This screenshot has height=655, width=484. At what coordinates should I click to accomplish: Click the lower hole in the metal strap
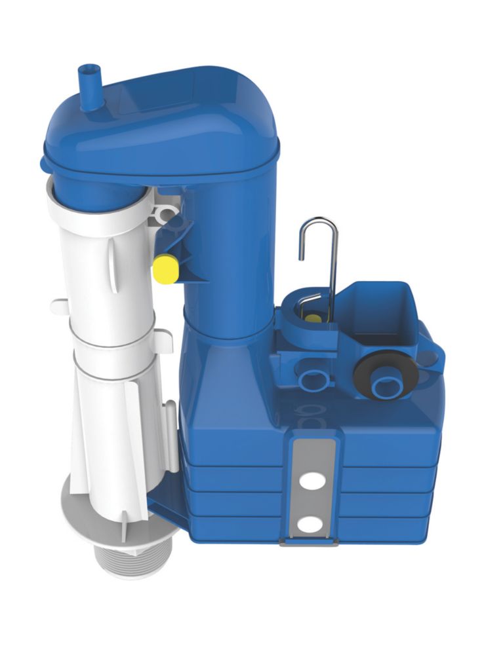[307, 524]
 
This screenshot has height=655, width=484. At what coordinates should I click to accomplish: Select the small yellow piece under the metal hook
[314, 319]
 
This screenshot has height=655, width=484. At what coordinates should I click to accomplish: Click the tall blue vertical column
[230, 262]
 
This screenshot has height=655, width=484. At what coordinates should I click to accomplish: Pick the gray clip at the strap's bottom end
[308, 541]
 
